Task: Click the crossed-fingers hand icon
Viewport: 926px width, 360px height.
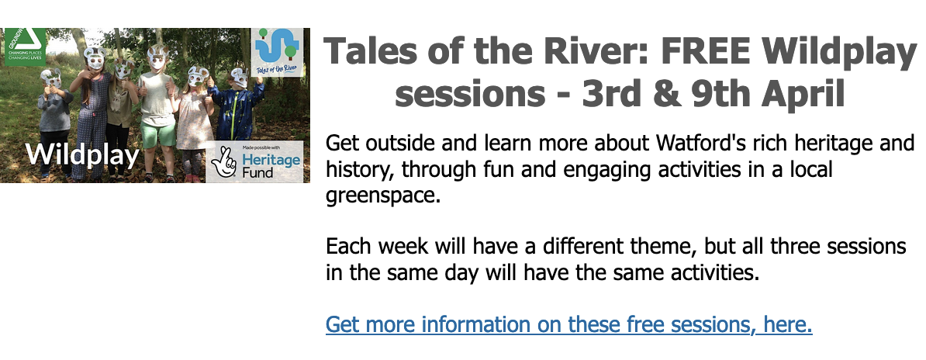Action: point(226,161)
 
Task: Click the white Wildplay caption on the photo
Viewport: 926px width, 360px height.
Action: point(82,155)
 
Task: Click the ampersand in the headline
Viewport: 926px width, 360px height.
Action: point(652,95)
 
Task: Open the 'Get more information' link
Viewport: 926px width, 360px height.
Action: point(568,324)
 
